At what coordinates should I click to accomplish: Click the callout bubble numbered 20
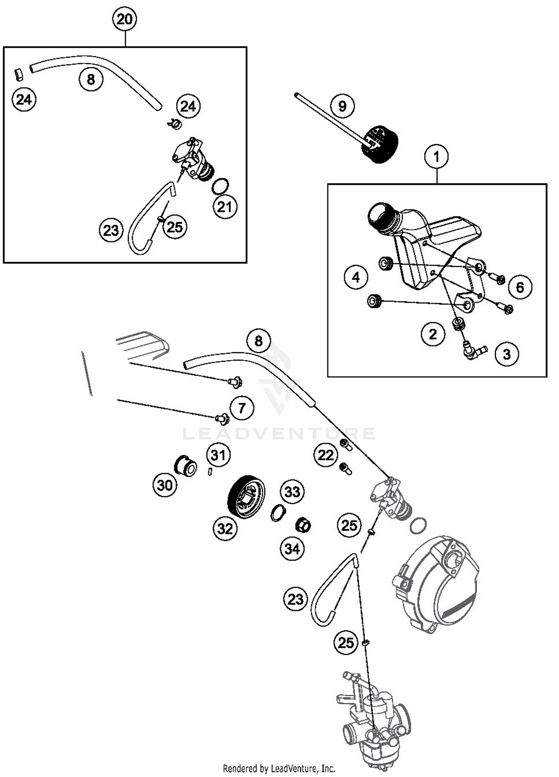(x=124, y=19)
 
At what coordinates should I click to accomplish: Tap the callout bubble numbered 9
(x=342, y=106)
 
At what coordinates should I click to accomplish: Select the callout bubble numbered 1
(x=436, y=157)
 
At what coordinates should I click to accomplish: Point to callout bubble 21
(x=225, y=207)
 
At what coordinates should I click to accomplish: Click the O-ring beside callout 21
(x=220, y=186)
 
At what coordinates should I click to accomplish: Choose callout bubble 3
(x=507, y=354)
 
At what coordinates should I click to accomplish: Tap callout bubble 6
(x=520, y=287)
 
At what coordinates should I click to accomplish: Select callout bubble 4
(x=356, y=277)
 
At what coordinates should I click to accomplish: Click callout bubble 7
(x=241, y=408)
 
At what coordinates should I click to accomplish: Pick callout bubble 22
(x=325, y=455)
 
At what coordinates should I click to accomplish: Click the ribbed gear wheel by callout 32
(x=246, y=496)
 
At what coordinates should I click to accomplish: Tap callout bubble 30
(x=165, y=485)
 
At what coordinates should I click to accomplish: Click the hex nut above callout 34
(x=303, y=526)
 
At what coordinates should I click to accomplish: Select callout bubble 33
(x=292, y=492)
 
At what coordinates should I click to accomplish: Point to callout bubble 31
(x=218, y=455)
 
